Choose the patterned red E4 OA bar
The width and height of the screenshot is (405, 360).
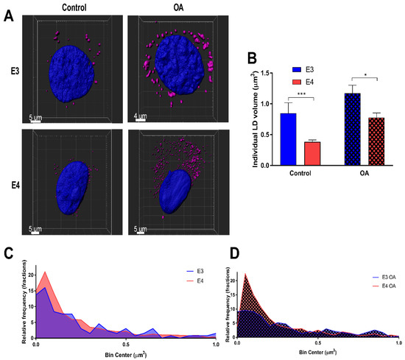point(376,140)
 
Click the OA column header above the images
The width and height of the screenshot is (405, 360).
point(173,7)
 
